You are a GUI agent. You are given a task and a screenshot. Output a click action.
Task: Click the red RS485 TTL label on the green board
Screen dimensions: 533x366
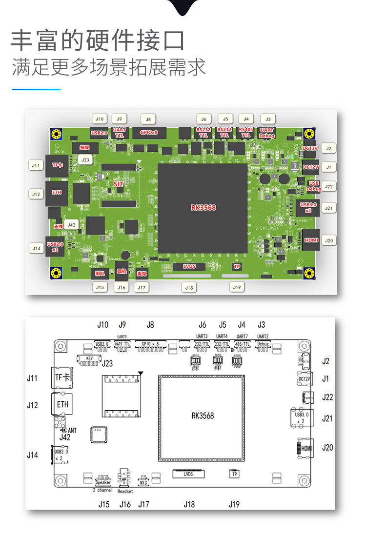(245, 133)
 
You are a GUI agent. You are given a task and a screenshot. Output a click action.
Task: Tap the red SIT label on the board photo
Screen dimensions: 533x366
(119, 184)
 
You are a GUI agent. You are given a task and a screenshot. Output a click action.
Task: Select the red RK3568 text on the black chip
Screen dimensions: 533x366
(203, 207)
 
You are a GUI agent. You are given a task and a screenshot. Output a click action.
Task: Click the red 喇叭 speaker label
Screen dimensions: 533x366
(100, 273)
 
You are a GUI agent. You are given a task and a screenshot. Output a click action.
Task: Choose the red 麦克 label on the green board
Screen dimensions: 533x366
(142, 274)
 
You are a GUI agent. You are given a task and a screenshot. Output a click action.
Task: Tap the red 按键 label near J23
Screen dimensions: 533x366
(84, 147)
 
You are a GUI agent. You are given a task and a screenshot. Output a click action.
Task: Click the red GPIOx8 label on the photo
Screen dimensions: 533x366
(149, 133)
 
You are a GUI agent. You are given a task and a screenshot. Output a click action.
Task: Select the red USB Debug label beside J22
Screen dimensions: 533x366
(315, 186)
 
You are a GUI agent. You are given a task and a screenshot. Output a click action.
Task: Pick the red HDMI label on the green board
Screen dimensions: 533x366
(311, 240)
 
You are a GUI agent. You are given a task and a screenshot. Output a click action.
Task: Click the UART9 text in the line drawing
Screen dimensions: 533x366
(122, 336)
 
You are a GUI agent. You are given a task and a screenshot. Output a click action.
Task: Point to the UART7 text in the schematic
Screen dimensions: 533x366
(242, 336)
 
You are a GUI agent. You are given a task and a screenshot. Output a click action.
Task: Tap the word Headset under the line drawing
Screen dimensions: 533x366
(125, 491)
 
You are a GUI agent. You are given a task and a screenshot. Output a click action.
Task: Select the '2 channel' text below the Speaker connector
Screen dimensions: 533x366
(102, 490)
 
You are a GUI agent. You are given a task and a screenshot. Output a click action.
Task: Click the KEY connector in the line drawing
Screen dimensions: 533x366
(89, 359)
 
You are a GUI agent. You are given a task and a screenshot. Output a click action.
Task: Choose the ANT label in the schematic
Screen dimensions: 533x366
(72, 431)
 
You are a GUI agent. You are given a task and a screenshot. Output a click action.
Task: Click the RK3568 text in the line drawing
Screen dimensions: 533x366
(203, 416)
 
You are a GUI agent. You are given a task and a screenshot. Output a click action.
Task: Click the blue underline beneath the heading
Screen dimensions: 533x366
(36, 89)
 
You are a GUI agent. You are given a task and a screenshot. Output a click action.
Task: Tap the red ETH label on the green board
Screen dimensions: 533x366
(57, 192)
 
